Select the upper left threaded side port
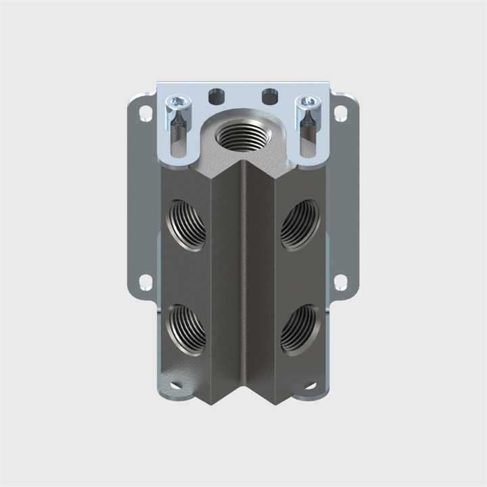pos(187,223)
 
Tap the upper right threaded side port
pos(300,225)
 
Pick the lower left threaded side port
pos(187,329)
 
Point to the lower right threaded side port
pos(300,329)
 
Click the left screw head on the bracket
pos(178,102)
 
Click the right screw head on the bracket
pos(308,102)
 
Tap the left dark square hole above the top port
pos(216,95)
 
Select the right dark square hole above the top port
pos(270,95)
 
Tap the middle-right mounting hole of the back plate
pos(340,281)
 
